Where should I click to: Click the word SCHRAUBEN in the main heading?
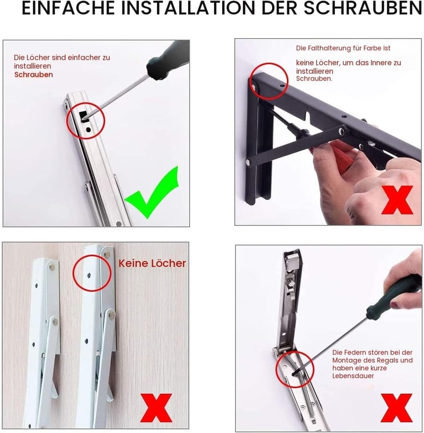(x=363, y=8)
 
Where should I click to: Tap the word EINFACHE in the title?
(x=68, y=8)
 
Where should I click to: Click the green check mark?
(x=152, y=193)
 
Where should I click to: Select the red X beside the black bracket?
(x=397, y=200)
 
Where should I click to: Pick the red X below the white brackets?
(x=156, y=408)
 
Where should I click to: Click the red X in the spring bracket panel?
(x=396, y=408)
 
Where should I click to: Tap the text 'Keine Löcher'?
(x=152, y=263)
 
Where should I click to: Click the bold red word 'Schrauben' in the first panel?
(x=34, y=75)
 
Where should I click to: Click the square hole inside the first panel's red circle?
(x=83, y=116)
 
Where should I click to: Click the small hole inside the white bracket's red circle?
(x=89, y=275)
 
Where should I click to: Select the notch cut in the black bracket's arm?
(x=308, y=116)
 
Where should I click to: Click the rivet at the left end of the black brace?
(x=249, y=162)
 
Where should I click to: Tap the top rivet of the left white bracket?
(x=52, y=267)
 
